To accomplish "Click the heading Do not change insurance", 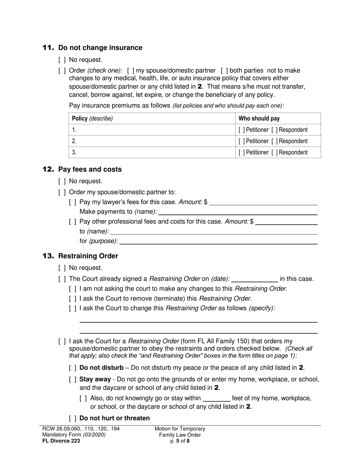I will (x=100, y=48).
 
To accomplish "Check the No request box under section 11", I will (x=62, y=60).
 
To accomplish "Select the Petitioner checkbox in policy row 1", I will (x=241, y=130).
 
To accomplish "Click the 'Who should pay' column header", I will (x=259, y=119).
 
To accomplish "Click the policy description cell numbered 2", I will (x=152, y=141).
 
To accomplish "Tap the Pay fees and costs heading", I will (x=90, y=169).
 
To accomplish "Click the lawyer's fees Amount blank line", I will (x=263, y=203).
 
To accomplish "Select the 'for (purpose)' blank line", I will (x=218, y=241).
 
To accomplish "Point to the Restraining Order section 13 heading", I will (x=88, y=256).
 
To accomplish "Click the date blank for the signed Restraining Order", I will (x=254, y=280).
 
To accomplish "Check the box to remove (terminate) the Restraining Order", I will (x=73, y=299).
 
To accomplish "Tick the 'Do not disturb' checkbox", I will (x=73, y=367).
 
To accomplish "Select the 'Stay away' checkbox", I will (x=73, y=379).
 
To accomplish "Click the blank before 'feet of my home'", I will (x=216, y=398).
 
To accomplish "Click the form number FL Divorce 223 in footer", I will (x=61, y=441).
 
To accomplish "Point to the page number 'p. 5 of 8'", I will (x=180, y=441).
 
